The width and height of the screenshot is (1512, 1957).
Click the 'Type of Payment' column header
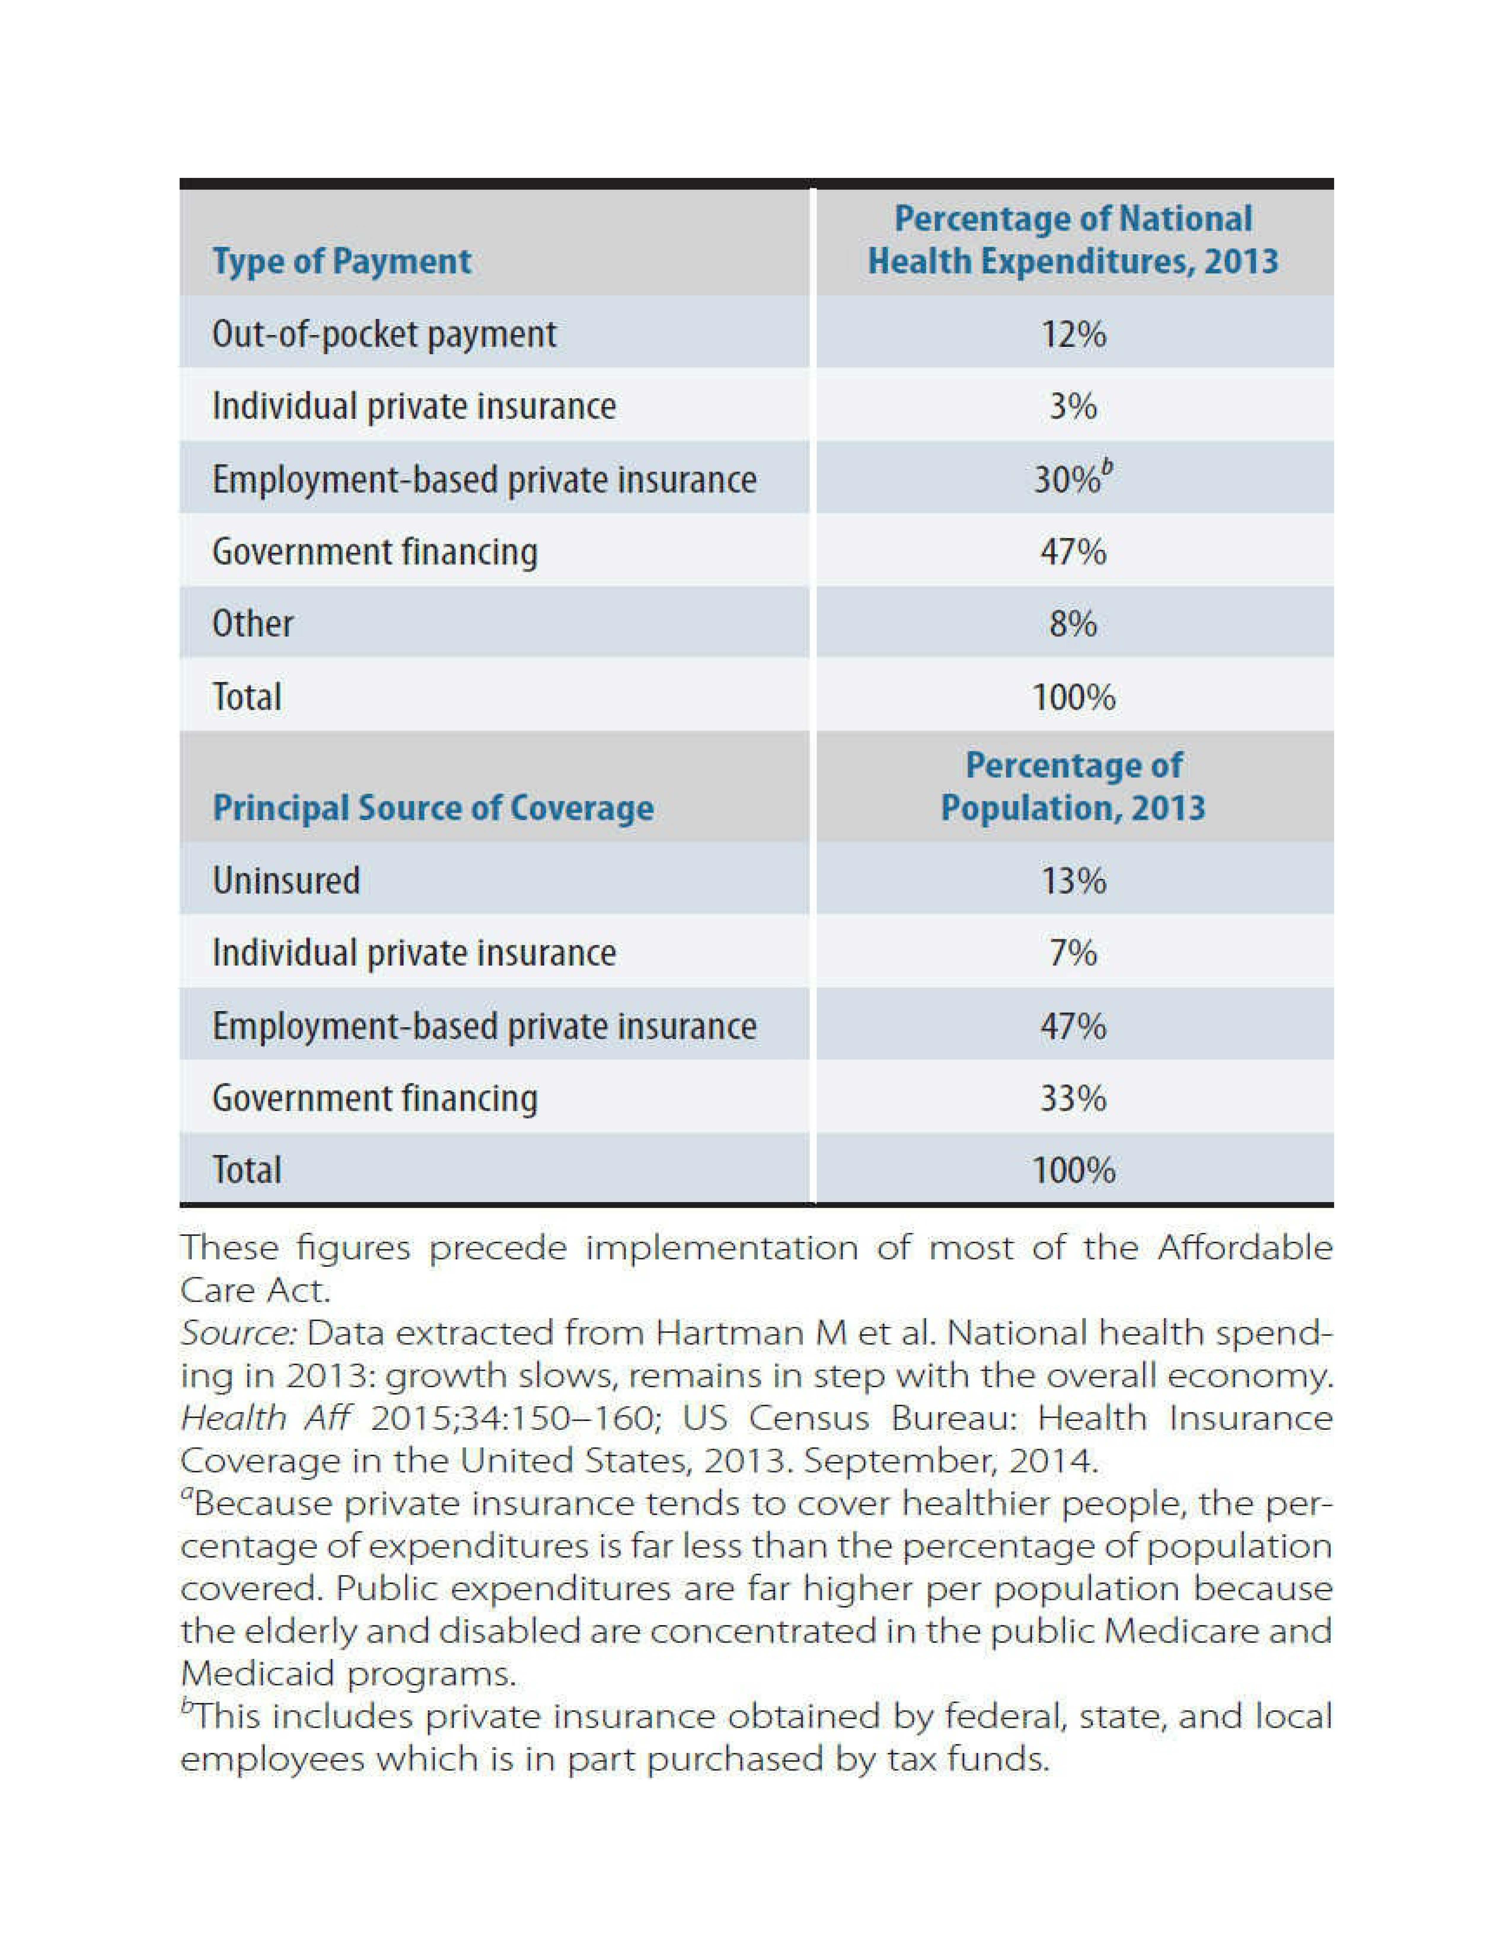click(341, 261)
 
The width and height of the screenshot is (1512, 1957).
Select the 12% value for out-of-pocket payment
click(1073, 334)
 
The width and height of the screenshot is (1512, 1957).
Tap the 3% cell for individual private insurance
click(1073, 407)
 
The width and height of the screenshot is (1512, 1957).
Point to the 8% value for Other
click(1073, 624)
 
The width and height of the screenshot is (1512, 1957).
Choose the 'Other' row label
click(253, 624)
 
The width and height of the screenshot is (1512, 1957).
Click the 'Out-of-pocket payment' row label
click(384, 334)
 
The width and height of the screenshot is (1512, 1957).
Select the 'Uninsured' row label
click(286, 880)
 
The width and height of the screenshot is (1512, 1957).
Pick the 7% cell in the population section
click(1073, 952)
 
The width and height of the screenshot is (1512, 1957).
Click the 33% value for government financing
click(1073, 1098)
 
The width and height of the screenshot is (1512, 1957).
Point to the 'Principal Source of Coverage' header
click(433, 807)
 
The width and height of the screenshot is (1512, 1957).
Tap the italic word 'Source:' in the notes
click(237, 1333)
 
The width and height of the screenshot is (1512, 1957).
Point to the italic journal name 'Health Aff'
click(266, 1419)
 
